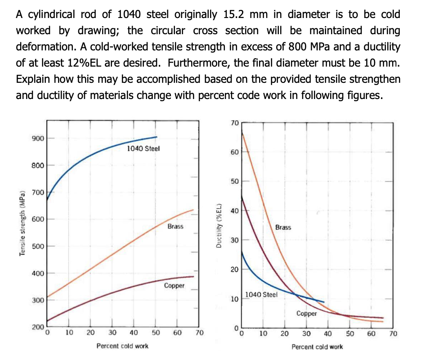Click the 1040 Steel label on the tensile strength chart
143,148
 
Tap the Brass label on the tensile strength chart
175,226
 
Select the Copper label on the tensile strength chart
174,286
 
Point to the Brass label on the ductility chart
283,227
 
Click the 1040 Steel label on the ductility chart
262,295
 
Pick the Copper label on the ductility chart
306,314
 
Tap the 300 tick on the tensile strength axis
37,300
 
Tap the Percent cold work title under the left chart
122,346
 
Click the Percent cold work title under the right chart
317,346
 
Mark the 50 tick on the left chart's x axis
156,333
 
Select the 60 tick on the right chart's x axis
371,334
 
